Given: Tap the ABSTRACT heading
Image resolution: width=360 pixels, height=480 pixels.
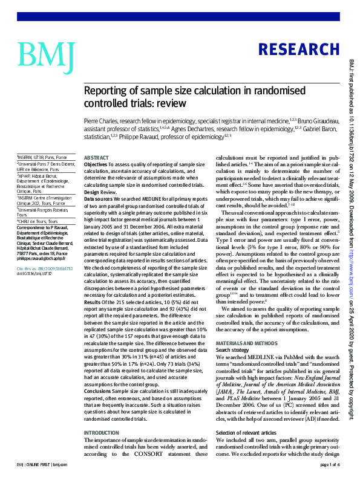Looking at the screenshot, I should (x=96, y=157).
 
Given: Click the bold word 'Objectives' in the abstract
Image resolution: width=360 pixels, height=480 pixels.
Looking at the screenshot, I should (x=96, y=164).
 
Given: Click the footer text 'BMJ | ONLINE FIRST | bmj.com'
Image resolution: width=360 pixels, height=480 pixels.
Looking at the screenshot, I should (x=42, y=464).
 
